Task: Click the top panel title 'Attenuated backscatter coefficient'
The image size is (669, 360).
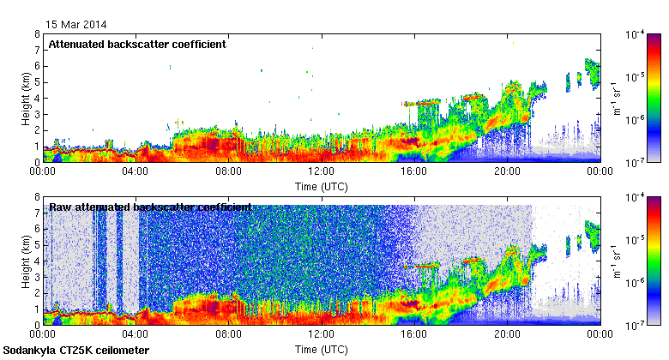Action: pyautogui.click(x=137, y=45)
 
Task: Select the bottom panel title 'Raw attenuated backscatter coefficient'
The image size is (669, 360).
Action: pyautogui.click(x=150, y=207)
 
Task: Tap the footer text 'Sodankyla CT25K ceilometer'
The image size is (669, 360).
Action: pyautogui.click(x=76, y=351)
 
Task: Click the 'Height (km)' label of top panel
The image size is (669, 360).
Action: pyautogui.click(x=26, y=98)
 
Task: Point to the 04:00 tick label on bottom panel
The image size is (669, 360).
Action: pyautogui.click(x=136, y=334)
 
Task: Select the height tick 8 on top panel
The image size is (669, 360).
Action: pyautogui.click(x=37, y=34)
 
